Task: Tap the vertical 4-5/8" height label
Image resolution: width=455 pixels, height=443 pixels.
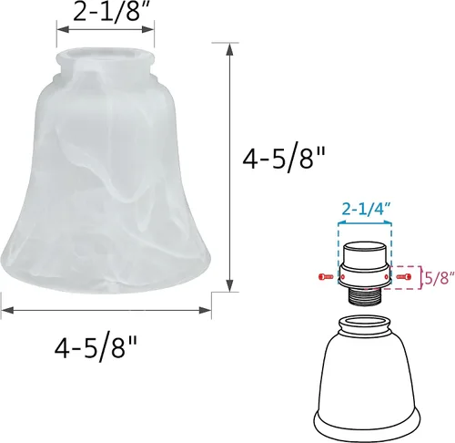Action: [283, 158]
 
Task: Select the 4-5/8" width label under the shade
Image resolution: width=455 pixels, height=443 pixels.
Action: [96, 348]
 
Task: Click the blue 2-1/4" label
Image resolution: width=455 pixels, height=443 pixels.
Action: [365, 209]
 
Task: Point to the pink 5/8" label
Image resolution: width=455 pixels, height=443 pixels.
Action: [440, 278]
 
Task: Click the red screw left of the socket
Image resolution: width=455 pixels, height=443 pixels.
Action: [326, 277]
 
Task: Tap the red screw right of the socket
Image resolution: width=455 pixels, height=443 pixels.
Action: [404, 277]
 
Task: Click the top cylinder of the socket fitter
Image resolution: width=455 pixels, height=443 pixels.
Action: [365, 252]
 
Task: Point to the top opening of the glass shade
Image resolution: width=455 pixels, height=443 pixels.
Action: [105, 54]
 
